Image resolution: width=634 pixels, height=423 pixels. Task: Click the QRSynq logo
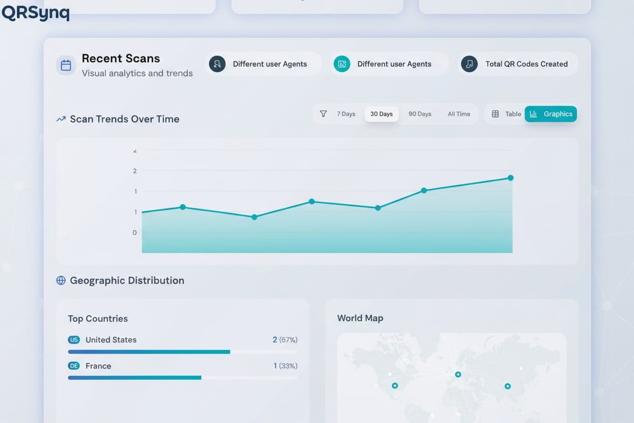[x=35, y=13]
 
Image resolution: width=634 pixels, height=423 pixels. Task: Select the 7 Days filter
[x=346, y=114]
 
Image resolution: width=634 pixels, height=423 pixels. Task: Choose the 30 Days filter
[x=381, y=114]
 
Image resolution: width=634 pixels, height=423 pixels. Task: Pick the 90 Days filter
[x=420, y=114]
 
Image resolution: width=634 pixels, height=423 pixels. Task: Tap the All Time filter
[x=459, y=114]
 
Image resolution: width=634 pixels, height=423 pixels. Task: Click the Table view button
[x=506, y=114]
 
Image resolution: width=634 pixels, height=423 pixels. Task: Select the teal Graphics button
[x=551, y=114]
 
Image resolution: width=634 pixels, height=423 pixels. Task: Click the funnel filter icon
[x=323, y=114]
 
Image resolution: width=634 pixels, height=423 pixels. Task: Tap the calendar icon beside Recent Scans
[x=66, y=65]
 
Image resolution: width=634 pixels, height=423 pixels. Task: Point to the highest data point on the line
[x=511, y=178]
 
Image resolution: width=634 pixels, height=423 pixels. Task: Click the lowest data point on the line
[x=255, y=217]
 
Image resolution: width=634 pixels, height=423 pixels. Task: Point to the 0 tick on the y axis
[x=135, y=233]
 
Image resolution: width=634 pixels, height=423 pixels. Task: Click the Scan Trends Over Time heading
[x=124, y=119]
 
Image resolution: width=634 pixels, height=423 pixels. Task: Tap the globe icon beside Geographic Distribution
[x=61, y=281]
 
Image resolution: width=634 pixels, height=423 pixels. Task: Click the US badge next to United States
[x=74, y=340]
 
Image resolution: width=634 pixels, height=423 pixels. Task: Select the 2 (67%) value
[x=284, y=340]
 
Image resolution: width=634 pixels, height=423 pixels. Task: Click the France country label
[x=98, y=366]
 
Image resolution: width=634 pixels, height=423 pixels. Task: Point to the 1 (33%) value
[x=285, y=366]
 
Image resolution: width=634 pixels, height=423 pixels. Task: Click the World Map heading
[x=360, y=318]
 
